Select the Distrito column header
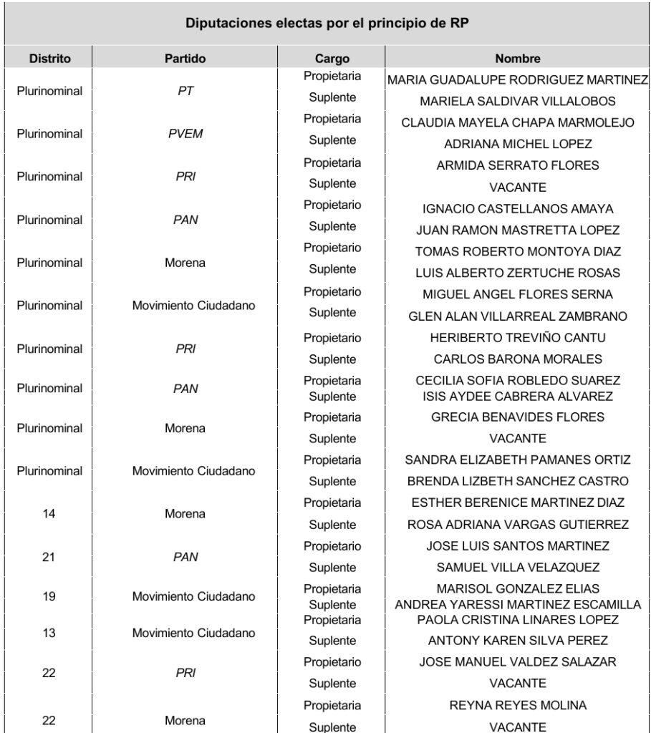49,59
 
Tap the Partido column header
185,59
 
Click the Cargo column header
332,59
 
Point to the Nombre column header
517,59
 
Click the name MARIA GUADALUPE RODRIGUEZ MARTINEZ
517,79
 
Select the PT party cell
185,91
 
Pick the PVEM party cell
185,134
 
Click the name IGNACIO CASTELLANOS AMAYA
517,209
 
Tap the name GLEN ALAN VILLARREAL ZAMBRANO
517,316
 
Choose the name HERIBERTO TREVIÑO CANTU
517,338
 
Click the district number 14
49,513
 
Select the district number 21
49,556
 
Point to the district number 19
49,596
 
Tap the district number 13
49,633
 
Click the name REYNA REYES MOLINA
517,705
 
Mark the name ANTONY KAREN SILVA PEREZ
517,641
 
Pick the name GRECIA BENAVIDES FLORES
517,417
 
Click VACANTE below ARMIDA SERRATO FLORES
517,188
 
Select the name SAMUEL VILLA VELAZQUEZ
517,568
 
